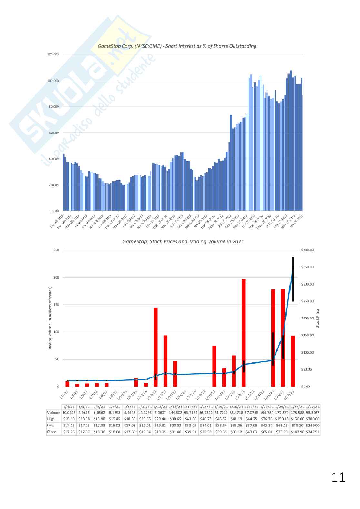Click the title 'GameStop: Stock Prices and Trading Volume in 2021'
click(x=183, y=242)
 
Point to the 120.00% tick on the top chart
click(x=54, y=54)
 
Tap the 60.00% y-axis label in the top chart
click(x=54, y=133)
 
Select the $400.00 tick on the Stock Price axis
click(x=307, y=250)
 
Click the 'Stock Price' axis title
click(x=318, y=318)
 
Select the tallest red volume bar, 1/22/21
click(x=244, y=332)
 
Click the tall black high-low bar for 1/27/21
click(x=293, y=279)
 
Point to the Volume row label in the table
click(x=54, y=413)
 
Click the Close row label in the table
click(x=52, y=432)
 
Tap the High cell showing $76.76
click(x=267, y=419)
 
